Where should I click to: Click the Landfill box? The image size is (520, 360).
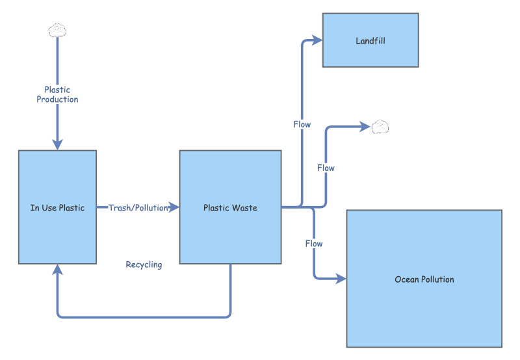(x=370, y=40)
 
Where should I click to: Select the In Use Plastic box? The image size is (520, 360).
(x=57, y=207)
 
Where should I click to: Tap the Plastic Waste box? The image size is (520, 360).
(x=230, y=207)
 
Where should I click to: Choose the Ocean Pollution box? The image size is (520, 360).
(x=424, y=279)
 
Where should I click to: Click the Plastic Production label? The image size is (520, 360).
(x=57, y=95)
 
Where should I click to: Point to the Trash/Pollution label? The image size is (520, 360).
(x=138, y=208)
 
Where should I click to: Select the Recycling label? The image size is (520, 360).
(x=144, y=264)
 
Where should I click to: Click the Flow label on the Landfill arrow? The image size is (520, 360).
(x=302, y=124)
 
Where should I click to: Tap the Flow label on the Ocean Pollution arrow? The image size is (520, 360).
(x=314, y=244)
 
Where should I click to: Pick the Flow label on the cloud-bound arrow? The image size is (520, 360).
(x=326, y=168)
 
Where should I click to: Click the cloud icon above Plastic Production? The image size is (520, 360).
(x=57, y=30)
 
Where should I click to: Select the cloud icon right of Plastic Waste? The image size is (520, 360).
(x=380, y=127)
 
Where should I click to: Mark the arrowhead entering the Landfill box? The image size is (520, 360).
(x=318, y=40)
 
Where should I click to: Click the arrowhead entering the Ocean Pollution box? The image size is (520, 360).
(x=341, y=279)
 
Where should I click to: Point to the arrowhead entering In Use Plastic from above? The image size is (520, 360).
(x=57, y=144)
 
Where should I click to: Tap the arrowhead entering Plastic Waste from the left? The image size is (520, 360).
(x=174, y=207)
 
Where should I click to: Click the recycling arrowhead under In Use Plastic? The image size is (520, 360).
(x=58, y=270)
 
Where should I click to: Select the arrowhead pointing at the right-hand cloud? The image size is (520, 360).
(x=365, y=127)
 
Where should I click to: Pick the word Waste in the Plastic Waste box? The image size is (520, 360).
(x=245, y=208)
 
